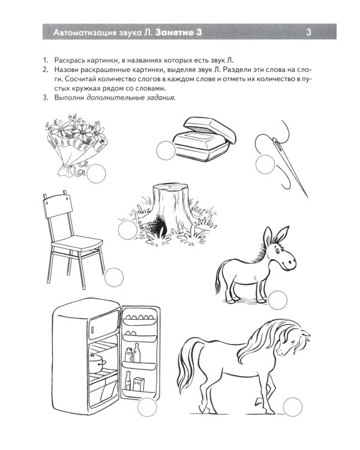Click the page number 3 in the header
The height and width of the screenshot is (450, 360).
(x=308, y=32)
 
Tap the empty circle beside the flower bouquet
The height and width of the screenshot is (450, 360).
(x=95, y=174)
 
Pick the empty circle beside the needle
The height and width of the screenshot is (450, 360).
(x=264, y=164)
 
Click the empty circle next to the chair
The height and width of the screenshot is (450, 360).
(x=113, y=277)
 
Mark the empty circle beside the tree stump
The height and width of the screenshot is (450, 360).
(x=128, y=230)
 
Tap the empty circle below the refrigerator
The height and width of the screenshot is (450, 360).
(x=146, y=408)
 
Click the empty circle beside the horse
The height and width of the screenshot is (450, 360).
(x=293, y=407)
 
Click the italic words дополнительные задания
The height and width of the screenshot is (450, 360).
(x=131, y=98)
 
